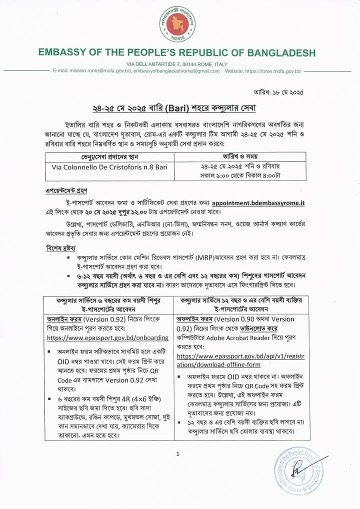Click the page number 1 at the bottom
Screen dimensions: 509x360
coord(177,453)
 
